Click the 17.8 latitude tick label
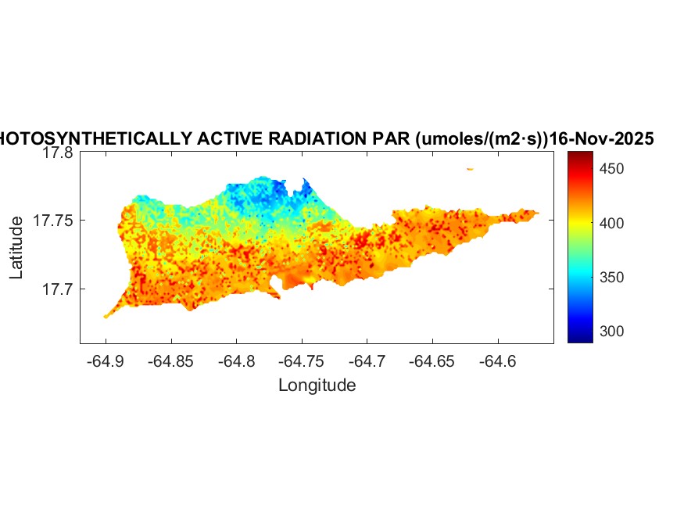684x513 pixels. click(57, 153)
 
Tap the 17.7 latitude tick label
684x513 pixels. click(57, 289)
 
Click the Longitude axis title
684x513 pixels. click(317, 386)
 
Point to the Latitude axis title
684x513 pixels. click(17, 249)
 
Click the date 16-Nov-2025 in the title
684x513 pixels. click(601, 139)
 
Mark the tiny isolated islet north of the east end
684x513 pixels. click(470, 169)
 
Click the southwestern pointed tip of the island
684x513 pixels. click(106, 316)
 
